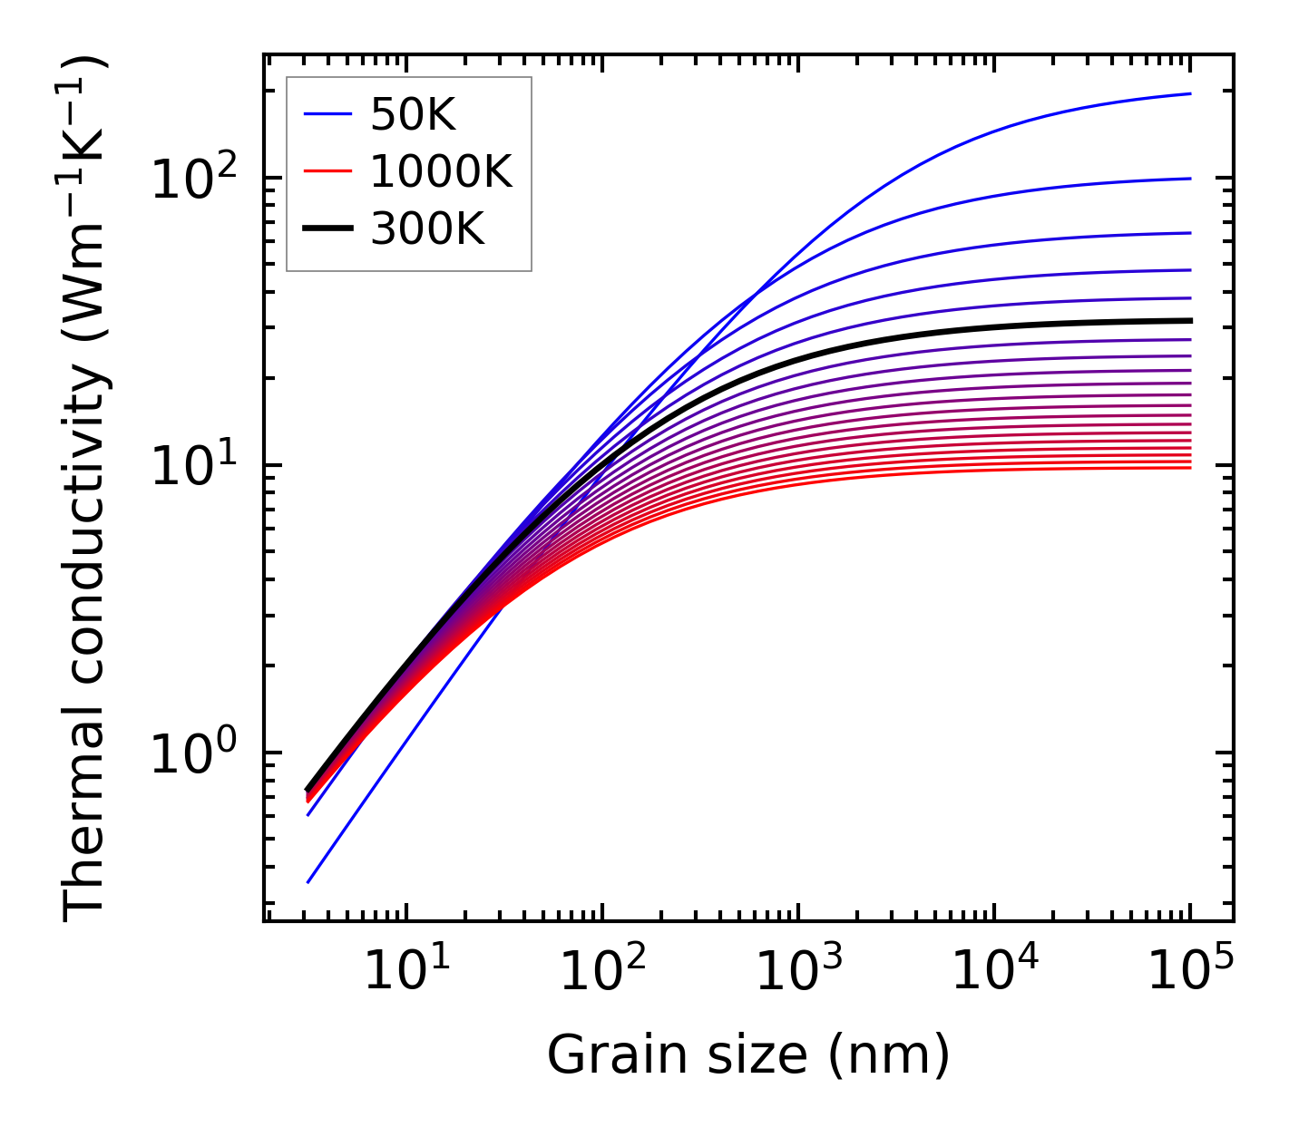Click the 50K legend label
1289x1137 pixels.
tap(413, 115)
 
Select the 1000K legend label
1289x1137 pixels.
tap(441, 172)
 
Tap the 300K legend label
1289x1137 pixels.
tap(427, 230)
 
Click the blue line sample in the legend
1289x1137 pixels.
tap(327, 115)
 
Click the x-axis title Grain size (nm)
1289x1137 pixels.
tap(748, 1056)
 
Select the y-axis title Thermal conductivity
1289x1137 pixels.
tap(86, 490)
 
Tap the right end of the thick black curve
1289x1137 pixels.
tap(1189, 320)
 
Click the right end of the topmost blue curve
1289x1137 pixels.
tap(1189, 93)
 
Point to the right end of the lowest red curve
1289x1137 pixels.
tap(1189, 467)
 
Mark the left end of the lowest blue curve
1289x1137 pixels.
tap(308, 881)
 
